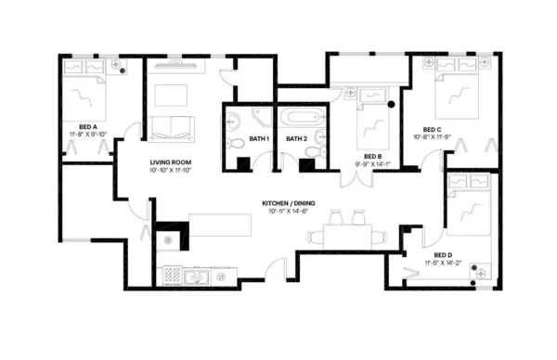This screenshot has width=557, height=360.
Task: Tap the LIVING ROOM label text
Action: [171, 162]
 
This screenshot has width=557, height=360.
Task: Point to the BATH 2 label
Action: [296, 138]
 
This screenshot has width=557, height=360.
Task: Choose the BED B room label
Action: [373, 155]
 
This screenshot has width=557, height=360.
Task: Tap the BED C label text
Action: [432, 129]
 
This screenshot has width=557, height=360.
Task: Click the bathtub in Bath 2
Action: [302, 118]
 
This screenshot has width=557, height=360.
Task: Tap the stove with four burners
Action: [173, 275]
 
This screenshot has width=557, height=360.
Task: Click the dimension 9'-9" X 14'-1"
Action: [373, 163]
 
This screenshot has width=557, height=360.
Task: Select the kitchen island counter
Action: [220, 225]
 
